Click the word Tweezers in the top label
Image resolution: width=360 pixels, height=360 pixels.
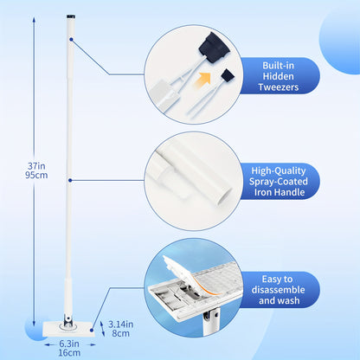point(279,87)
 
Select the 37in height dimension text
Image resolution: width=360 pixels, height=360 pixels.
point(36,166)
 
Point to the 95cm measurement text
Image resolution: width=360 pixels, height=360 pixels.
point(36,176)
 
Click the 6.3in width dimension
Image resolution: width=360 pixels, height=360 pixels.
point(69,344)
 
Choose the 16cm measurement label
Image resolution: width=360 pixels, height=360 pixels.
point(69,353)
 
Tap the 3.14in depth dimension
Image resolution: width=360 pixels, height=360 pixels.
point(121,325)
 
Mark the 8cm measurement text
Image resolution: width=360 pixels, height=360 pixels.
point(121,333)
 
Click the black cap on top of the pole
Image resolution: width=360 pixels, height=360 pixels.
point(70,16)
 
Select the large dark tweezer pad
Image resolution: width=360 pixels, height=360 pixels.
point(214,48)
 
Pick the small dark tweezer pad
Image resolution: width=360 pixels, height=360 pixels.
point(228,75)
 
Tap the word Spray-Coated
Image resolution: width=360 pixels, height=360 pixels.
point(279,182)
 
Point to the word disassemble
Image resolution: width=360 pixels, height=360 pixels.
point(278,290)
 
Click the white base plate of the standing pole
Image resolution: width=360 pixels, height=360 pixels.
point(68,329)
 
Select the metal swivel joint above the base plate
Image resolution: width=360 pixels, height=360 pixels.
point(68,321)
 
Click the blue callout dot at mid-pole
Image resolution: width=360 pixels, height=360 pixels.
point(70,180)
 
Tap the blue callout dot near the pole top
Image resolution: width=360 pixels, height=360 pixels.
point(71,39)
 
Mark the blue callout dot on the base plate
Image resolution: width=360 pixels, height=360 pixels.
point(92,331)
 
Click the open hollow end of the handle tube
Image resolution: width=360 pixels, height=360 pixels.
point(224,197)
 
